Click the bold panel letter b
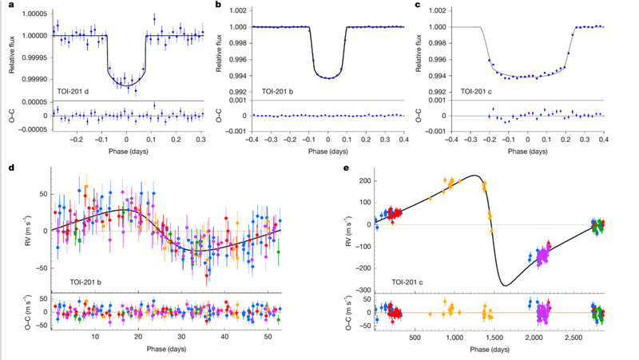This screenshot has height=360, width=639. pos(219,5)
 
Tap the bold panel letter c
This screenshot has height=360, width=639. pos(417,6)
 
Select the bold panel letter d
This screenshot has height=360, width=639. pos(11,168)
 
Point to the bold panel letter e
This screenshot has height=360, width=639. pos(347,168)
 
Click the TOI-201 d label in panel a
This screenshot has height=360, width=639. pos(73,92)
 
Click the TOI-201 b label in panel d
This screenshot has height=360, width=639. pos(85,282)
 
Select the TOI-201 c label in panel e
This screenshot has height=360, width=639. pos(407,282)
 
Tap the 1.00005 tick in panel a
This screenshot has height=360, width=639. pos(34,14)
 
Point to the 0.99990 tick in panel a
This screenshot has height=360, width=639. pos(34,79)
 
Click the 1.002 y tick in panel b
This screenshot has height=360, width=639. pos(238,10)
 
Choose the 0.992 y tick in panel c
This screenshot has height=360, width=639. pos(438,92)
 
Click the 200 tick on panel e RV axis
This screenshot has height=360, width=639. pos(365,181)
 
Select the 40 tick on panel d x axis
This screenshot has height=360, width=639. pos(224,337)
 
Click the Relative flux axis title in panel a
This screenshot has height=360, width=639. pos(12,54)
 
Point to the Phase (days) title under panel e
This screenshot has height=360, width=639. pos(490,350)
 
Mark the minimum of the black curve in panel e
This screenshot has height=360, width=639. pos(506,286)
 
